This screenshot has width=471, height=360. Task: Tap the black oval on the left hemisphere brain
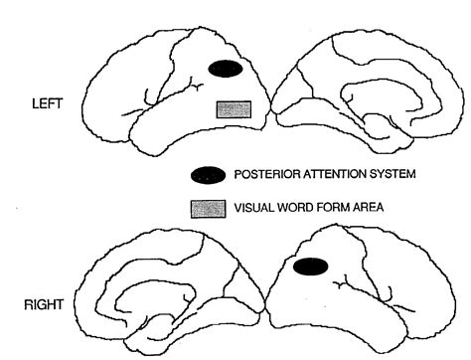click(x=225, y=69)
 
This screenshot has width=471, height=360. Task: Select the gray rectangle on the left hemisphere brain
click(x=232, y=109)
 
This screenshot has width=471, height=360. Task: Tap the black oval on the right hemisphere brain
click(x=311, y=266)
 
